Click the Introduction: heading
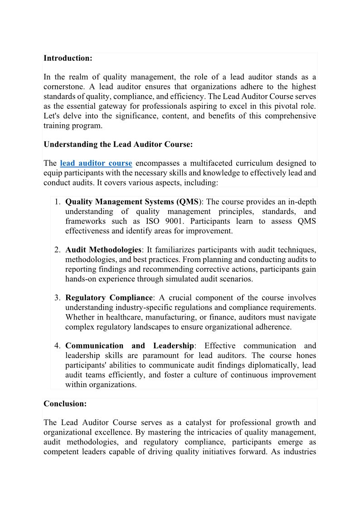pos(68,58)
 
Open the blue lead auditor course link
pos(96,163)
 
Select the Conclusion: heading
pos(65,403)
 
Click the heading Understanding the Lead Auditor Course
pos(118,144)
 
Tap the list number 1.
pos(58,202)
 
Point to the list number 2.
pos(58,250)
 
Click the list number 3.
pos(58,298)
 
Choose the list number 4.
pos(58,346)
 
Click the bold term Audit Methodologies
pos(103,250)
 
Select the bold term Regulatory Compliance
pos(109,298)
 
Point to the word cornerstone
pos(64,87)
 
